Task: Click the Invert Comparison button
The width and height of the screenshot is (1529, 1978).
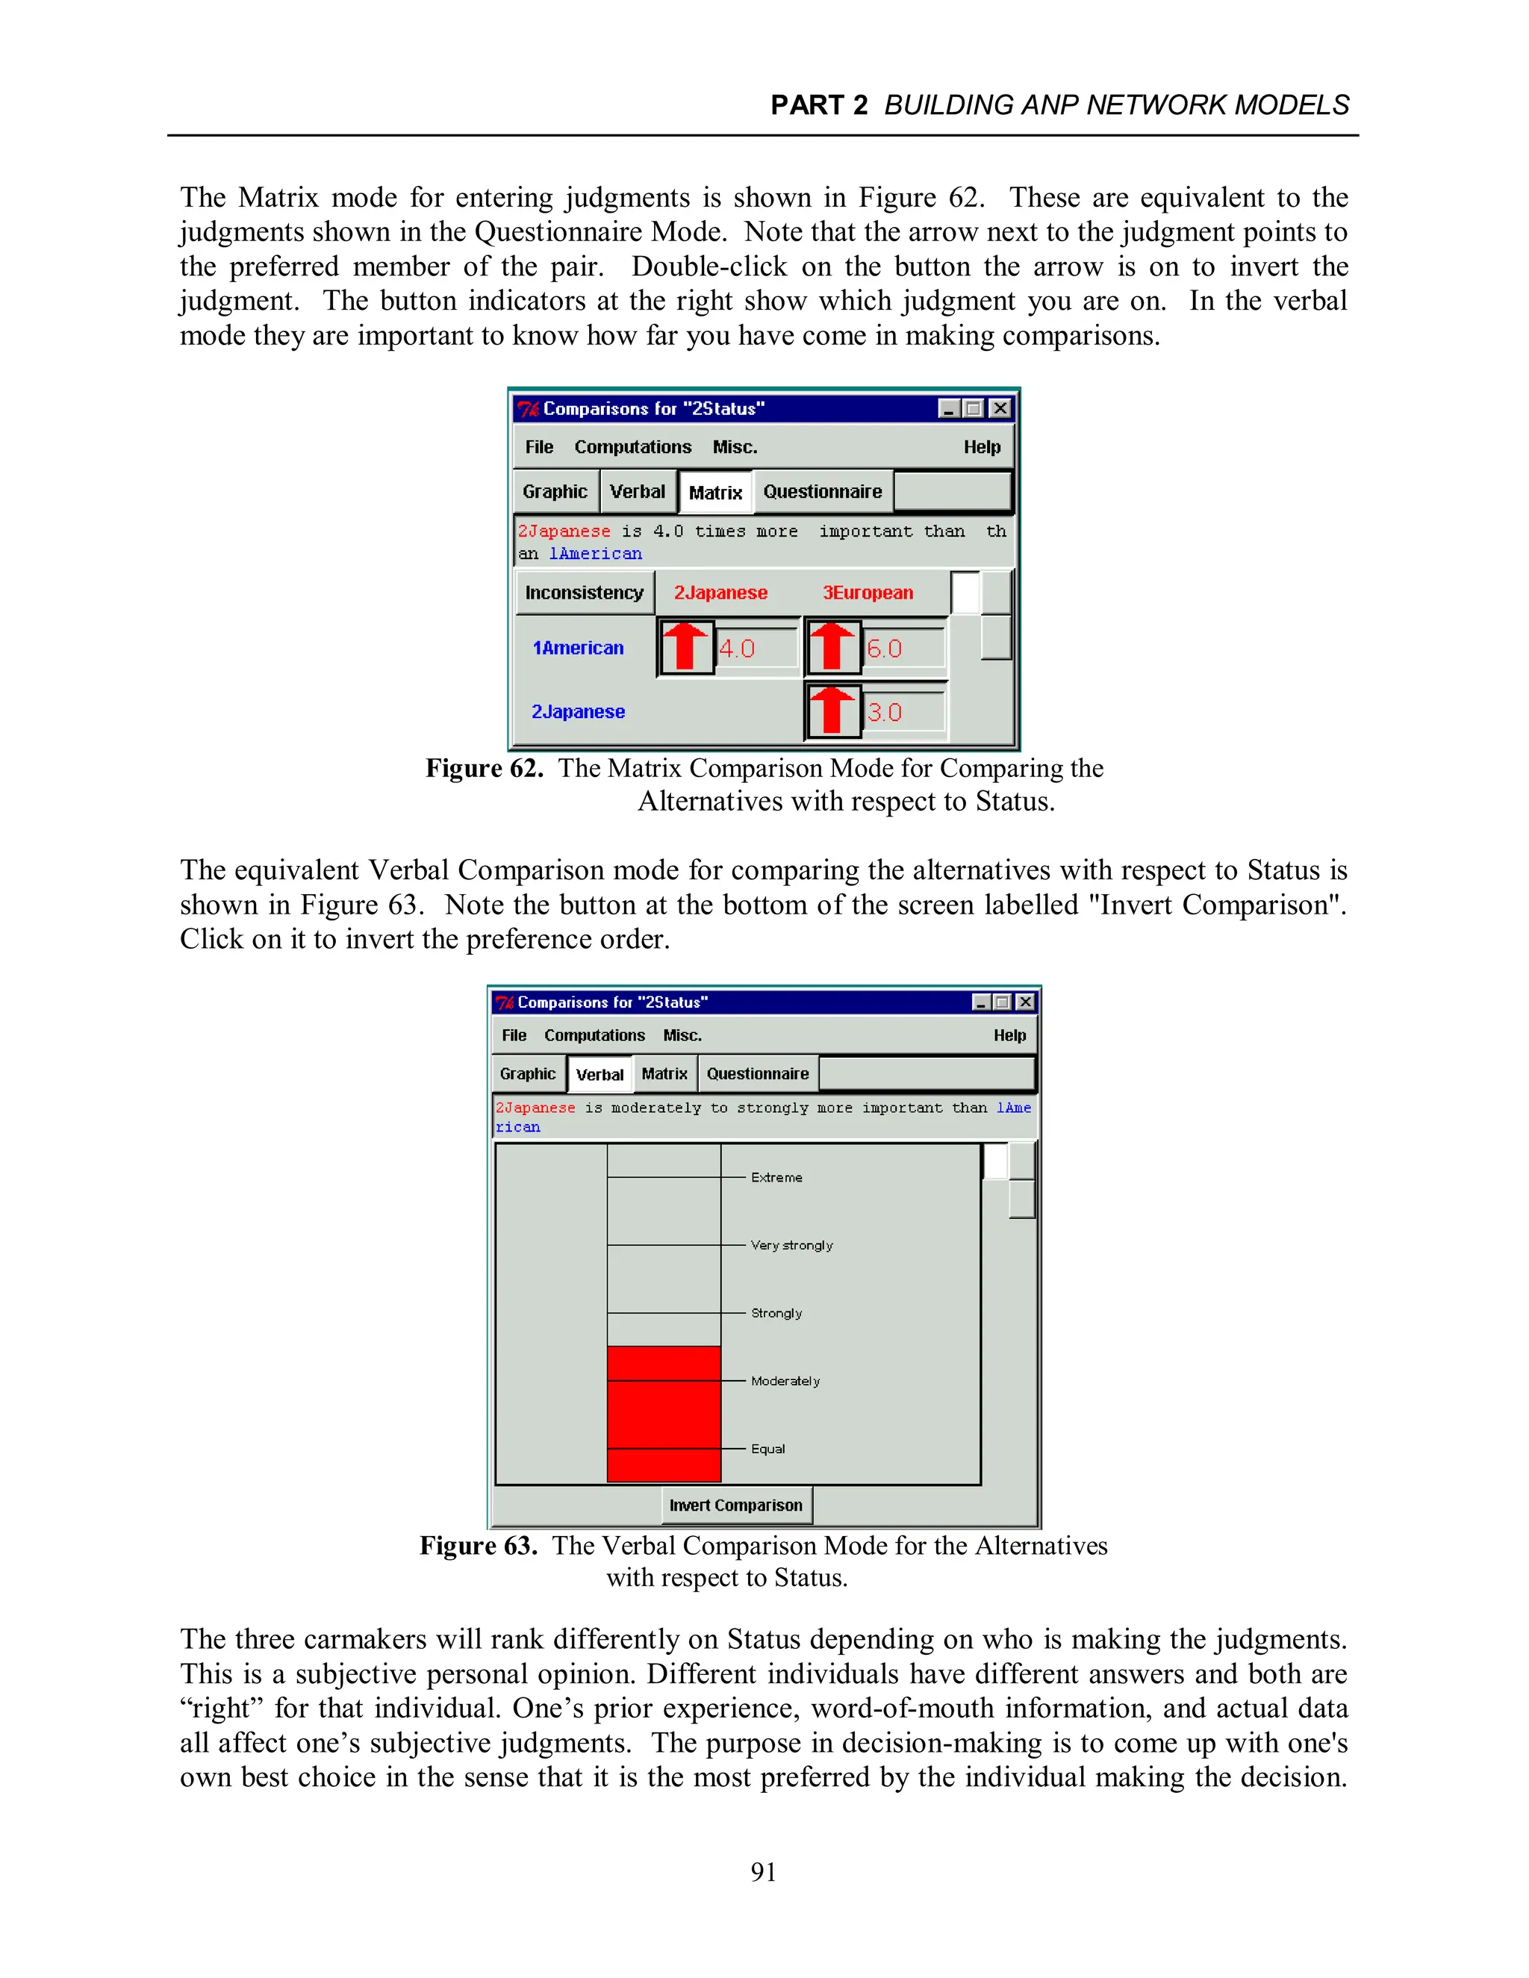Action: (x=735, y=1506)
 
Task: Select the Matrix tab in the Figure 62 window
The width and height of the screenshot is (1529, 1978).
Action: (x=714, y=493)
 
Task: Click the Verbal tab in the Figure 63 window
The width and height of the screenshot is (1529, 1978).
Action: (x=599, y=1075)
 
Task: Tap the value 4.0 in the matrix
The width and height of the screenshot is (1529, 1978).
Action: (x=738, y=649)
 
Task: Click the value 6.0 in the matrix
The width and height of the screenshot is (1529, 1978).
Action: (x=885, y=649)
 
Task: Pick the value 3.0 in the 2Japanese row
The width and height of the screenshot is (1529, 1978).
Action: (x=885, y=712)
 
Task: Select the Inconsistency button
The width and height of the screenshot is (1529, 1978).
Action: (x=585, y=593)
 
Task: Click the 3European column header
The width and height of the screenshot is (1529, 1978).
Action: (x=868, y=593)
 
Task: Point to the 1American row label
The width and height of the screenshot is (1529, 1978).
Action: (x=578, y=648)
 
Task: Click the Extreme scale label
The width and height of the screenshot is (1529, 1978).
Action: (x=776, y=1177)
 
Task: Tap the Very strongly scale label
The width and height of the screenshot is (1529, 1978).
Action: (x=791, y=1245)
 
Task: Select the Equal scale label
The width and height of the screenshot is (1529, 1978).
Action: (x=767, y=1449)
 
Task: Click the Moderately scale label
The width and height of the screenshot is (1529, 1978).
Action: (x=785, y=1381)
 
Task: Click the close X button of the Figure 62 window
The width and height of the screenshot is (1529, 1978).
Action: (x=1000, y=408)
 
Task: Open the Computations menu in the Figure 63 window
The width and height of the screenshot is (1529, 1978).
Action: (x=594, y=1035)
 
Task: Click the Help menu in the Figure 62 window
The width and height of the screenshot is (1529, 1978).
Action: (x=982, y=447)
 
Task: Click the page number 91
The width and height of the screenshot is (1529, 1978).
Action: (x=764, y=1872)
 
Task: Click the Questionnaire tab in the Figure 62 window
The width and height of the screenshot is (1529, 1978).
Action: (x=821, y=492)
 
